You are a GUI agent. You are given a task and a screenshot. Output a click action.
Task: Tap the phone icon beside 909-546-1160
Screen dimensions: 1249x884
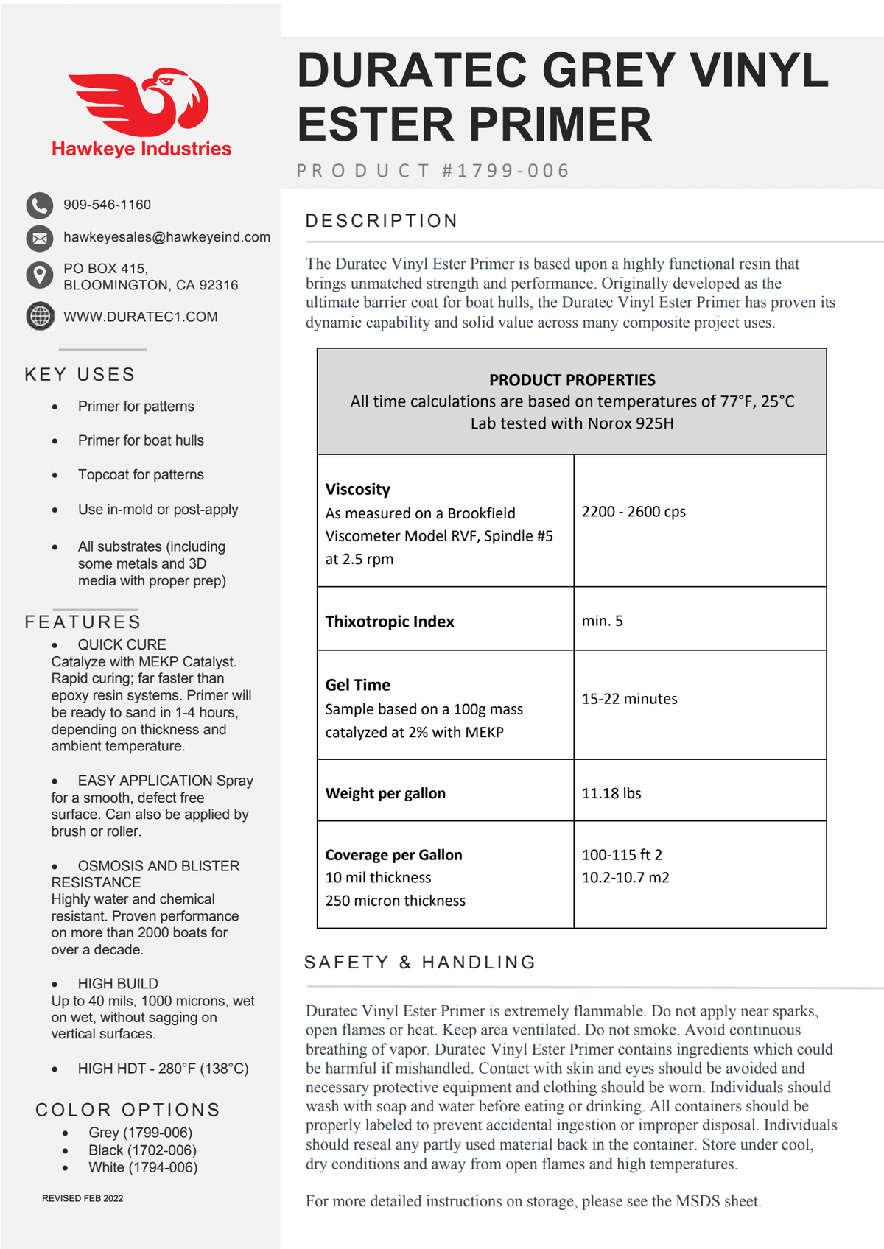click(x=40, y=205)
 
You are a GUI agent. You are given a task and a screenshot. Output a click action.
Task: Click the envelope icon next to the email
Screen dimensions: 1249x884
click(x=40, y=238)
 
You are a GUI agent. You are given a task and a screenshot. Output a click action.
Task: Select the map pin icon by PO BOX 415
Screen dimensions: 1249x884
click(x=40, y=275)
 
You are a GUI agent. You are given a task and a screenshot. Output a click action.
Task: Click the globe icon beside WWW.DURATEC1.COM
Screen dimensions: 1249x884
click(x=40, y=316)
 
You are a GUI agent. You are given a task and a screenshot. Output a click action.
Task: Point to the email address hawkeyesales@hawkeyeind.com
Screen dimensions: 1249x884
click(x=166, y=237)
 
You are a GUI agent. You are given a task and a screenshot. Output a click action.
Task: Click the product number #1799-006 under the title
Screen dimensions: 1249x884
click(x=505, y=171)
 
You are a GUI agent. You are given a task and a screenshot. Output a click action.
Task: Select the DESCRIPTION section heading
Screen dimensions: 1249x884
click(x=382, y=221)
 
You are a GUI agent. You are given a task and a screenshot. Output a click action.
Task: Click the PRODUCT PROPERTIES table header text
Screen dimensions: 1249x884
click(x=572, y=380)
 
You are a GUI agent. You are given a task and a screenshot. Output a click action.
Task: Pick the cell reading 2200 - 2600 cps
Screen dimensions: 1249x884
click(x=634, y=512)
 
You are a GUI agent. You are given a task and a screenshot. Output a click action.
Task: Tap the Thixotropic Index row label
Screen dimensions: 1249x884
click(x=390, y=622)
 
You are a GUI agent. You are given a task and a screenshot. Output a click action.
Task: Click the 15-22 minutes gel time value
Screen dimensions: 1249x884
click(x=629, y=699)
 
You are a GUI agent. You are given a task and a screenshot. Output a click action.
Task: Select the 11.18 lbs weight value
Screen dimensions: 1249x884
click(x=611, y=793)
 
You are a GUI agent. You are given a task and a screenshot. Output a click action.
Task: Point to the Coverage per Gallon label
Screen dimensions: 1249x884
click(x=394, y=855)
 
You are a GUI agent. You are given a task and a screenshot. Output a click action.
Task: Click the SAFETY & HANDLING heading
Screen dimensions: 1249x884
click(x=420, y=963)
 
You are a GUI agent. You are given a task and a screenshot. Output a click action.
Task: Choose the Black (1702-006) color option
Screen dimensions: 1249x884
click(x=142, y=1150)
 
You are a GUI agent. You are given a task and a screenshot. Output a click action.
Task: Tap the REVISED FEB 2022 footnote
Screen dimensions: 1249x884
click(x=83, y=1198)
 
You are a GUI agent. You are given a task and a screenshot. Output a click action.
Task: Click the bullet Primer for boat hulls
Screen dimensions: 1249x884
click(x=141, y=440)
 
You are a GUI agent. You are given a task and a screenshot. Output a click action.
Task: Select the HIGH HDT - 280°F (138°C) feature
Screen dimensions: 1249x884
click(x=163, y=1069)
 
